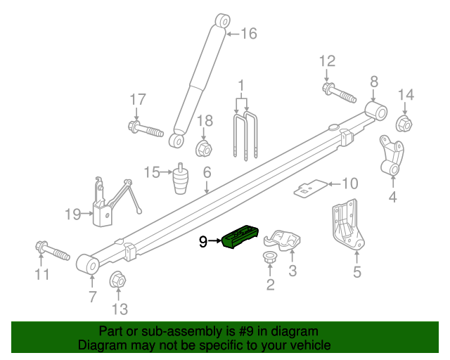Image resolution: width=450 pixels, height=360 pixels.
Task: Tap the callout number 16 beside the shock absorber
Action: (250, 33)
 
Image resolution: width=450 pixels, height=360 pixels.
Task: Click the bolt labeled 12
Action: (338, 92)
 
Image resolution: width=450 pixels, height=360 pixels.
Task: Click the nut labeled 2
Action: (269, 259)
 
